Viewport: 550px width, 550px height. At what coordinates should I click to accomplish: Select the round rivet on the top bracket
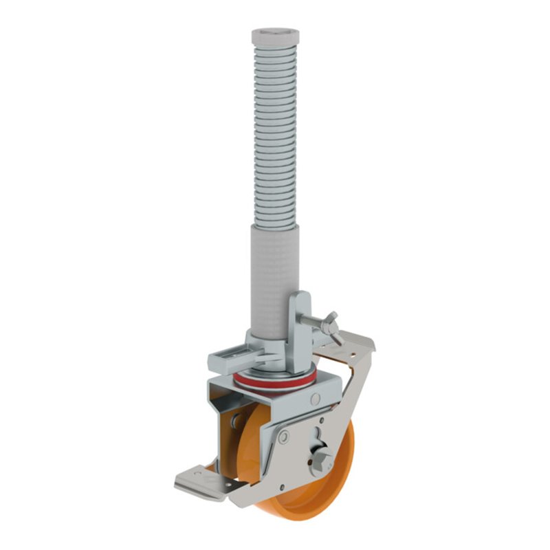[x=315, y=399]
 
